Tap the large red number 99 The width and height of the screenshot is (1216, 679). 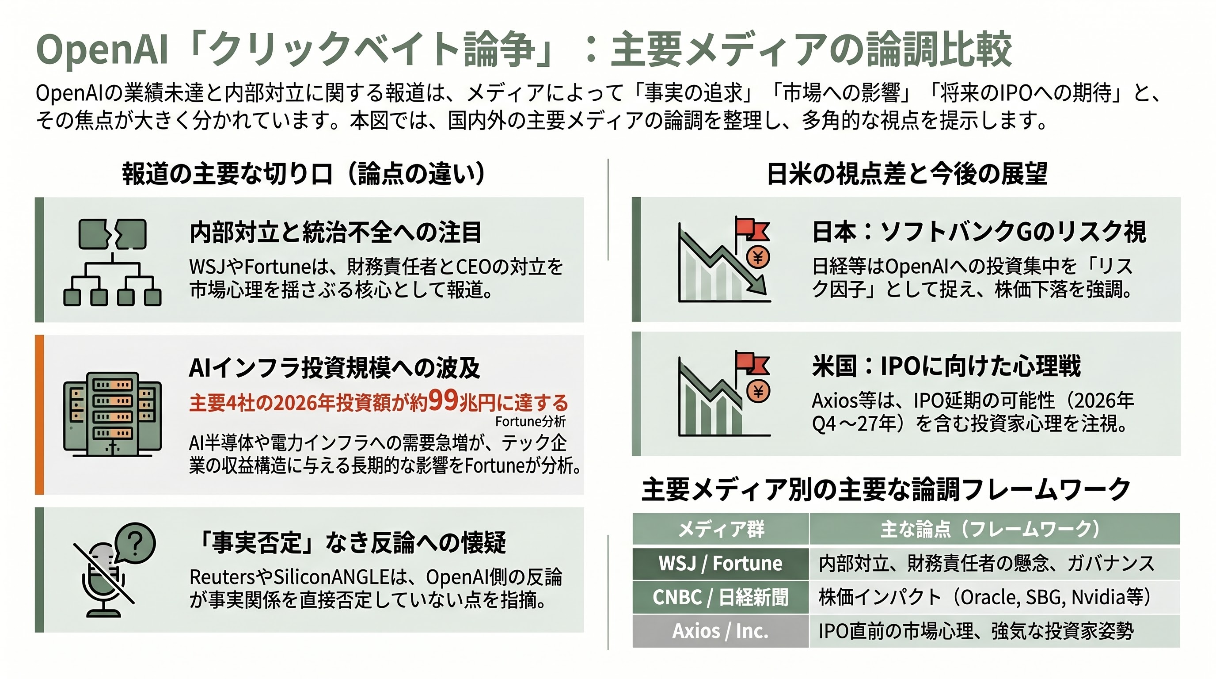click(443, 400)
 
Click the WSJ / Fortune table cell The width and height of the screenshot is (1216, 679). click(720, 563)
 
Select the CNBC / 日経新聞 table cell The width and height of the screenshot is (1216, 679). click(720, 597)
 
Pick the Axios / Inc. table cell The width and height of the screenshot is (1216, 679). click(720, 631)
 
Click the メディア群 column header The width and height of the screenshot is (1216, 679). click(720, 529)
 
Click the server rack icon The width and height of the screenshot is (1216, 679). click(112, 415)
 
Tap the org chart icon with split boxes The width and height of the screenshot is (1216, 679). click(112, 263)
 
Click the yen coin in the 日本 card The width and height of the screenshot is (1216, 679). click(758, 257)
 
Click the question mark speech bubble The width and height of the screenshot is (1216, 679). click(135, 543)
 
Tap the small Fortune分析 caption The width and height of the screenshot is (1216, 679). click(530, 421)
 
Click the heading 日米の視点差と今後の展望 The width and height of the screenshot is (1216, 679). click(907, 174)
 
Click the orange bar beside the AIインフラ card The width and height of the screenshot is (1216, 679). click(40, 415)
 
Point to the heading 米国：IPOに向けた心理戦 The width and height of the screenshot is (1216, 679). click(946, 366)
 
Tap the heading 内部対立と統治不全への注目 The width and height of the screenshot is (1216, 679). click(335, 233)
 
